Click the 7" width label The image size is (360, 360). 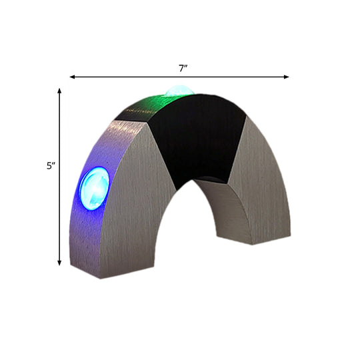coord(181,68)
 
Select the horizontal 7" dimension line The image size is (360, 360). coord(133,77)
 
